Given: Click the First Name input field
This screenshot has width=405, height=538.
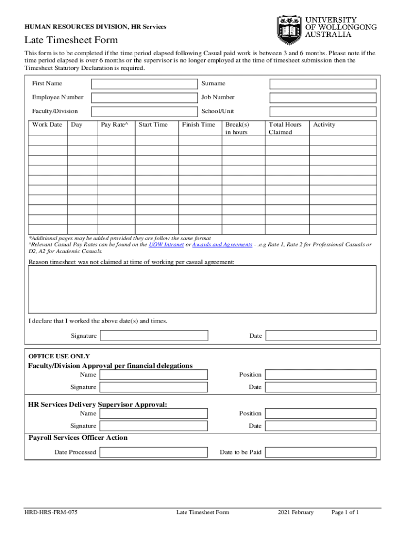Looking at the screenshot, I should coord(143,84).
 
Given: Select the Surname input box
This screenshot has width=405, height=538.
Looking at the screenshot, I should coord(323,84).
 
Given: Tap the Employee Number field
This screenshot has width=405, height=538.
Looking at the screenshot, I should coord(143,98).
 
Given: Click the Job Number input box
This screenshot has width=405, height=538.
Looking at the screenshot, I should coord(323,98).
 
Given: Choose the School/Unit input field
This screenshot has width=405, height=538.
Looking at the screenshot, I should coord(323,111).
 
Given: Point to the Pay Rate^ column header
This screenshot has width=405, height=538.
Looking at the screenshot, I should coord(115,125).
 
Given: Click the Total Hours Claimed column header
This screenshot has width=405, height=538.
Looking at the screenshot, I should coord(285,128).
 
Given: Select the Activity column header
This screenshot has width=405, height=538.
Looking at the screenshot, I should coord(324,125).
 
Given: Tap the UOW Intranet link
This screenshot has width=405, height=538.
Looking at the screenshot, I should coord(167,245).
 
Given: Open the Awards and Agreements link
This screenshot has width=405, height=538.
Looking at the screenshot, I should coord(222,245).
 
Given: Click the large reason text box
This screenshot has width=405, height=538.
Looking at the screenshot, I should coord(202,289).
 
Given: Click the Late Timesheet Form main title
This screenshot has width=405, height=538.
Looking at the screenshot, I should coord(71,40).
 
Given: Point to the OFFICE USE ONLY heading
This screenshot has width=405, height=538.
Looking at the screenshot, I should coord(59,356).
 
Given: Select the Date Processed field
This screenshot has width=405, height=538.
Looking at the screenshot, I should coord(154,452).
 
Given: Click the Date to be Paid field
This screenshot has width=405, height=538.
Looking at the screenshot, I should coord(321,452).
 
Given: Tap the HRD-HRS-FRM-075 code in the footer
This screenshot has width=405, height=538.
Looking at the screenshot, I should coord(52,513).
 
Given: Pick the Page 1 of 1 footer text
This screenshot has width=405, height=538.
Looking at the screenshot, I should coord(345,513).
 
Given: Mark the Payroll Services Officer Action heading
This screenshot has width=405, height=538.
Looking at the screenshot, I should coord(78,438).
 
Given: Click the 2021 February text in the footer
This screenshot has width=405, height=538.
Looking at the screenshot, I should coord(296,513).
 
